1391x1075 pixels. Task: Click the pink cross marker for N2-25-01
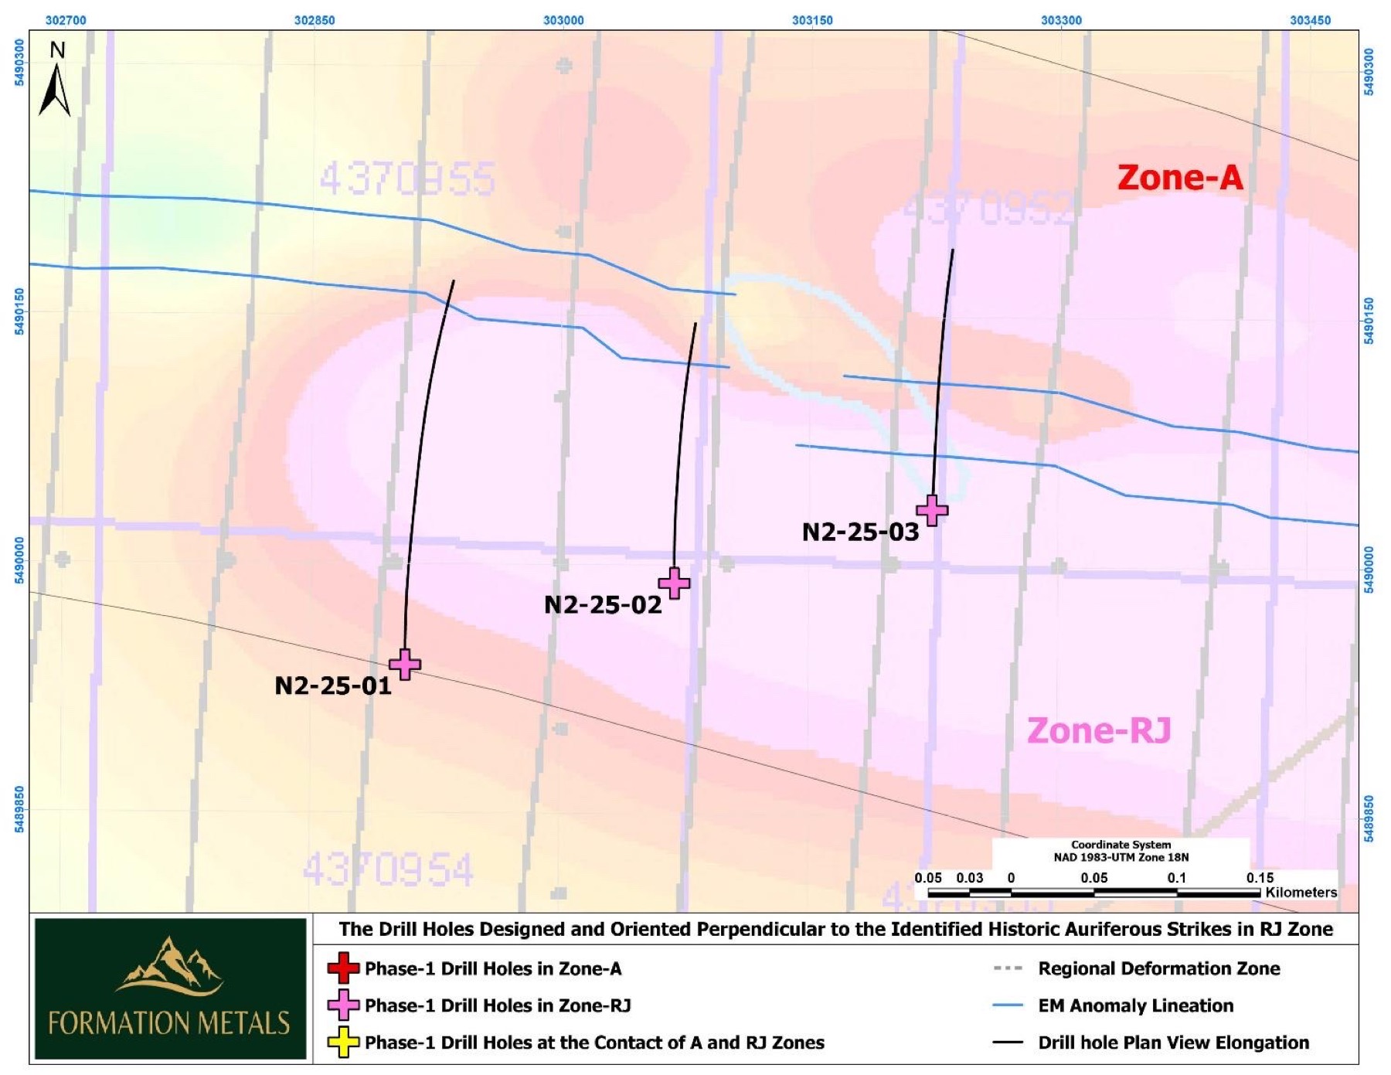click(x=405, y=664)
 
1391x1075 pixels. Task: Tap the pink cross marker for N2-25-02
click(x=674, y=583)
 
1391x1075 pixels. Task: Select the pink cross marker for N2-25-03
click(x=932, y=510)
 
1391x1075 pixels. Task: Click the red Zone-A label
click(x=1179, y=178)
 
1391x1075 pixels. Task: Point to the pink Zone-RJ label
click(x=1098, y=730)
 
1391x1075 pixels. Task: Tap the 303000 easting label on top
click(x=563, y=20)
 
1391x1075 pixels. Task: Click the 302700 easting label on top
click(x=66, y=20)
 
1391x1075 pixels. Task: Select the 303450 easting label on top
click(x=1310, y=20)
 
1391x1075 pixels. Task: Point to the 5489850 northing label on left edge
click(x=19, y=809)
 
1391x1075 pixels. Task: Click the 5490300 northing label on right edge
click(x=1369, y=71)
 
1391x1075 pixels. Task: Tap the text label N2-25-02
click(x=603, y=604)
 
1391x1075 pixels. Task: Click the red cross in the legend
click(x=343, y=968)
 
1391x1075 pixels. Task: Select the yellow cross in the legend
click(x=343, y=1043)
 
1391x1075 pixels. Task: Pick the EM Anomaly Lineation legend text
click(x=1135, y=1005)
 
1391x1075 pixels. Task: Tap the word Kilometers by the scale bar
click(x=1301, y=892)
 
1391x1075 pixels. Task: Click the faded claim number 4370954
click(x=387, y=870)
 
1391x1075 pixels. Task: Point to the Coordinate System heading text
click(x=1121, y=845)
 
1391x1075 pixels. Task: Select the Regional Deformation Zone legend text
click(x=1158, y=968)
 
